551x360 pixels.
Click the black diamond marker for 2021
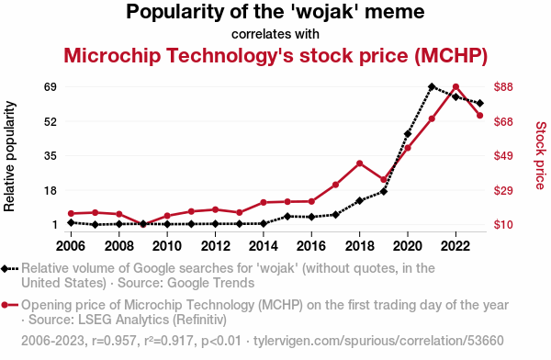tap(432, 86)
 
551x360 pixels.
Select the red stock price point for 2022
tap(455, 87)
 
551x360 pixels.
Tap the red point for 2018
tap(359, 163)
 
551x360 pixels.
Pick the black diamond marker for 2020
tap(408, 134)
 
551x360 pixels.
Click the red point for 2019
tap(384, 180)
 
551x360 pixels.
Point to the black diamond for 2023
tap(480, 103)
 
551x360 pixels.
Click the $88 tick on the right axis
tap(503, 86)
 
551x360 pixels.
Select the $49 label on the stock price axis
tap(503, 155)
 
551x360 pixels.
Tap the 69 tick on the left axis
tap(51, 86)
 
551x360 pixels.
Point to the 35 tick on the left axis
tap(51, 155)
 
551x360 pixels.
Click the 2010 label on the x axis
tap(167, 246)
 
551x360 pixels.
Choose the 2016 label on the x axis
tap(311, 246)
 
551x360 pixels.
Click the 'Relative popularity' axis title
tap(9, 156)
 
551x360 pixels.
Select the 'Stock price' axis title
tap(541, 155)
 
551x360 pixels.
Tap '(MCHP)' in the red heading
tap(451, 55)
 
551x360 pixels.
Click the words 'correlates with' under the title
tap(275, 34)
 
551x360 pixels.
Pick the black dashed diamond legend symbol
tap(9, 269)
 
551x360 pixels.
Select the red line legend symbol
tap(9, 305)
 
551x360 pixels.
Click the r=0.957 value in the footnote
tap(114, 341)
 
